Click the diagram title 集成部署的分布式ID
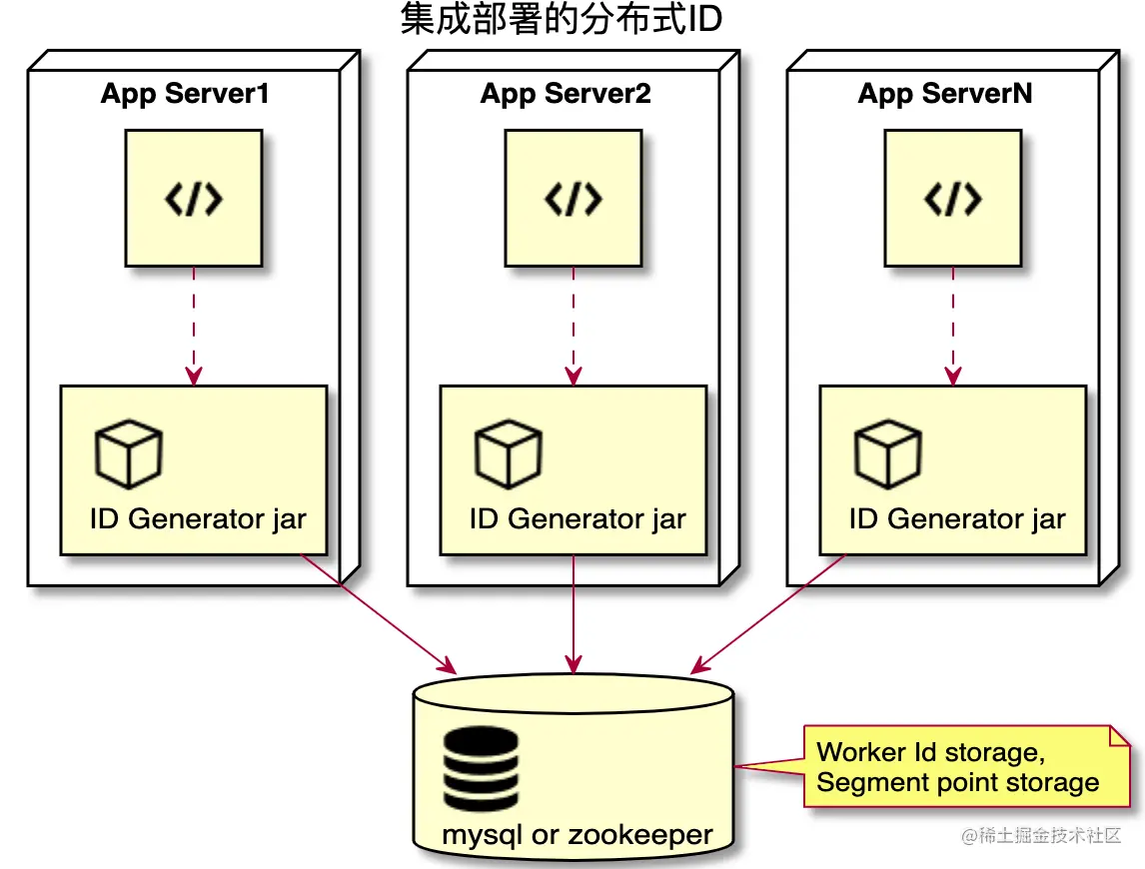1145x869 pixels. point(561,20)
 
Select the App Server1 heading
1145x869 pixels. point(185,95)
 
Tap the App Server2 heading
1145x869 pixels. point(566,95)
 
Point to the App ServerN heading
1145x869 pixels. point(945,95)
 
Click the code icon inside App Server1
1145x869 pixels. point(193,200)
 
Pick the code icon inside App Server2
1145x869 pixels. point(572,200)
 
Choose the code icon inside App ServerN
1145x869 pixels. point(952,200)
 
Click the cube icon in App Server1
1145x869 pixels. point(128,454)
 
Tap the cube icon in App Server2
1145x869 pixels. point(508,454)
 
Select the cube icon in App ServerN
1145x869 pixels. point(887,454)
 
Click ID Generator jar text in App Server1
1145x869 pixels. point(198,520)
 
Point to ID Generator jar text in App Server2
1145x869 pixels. point(577,520)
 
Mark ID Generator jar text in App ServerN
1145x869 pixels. point(957,520)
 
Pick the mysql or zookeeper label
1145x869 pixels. point(577,835)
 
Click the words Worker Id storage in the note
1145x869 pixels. point(929,752)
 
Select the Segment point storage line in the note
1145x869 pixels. point(957,782)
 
